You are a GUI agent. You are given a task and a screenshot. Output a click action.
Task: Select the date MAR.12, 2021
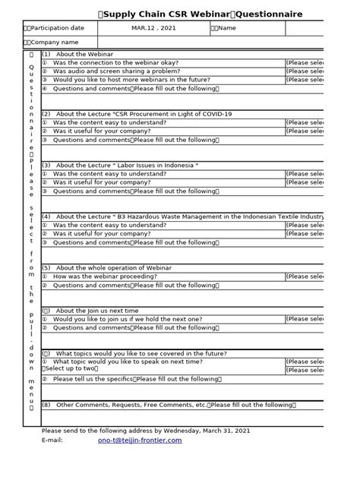click(x=153, y=28)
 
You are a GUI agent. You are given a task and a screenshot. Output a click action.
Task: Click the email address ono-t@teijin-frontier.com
click(x=140, y=440)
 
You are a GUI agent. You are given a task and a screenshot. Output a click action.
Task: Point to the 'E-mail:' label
click(x=53, y=440)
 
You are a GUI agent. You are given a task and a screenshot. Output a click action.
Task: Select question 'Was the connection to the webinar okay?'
click(x=118, y=62)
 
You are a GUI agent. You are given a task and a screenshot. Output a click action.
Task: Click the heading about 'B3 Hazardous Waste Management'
click(x=182, y=216)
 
